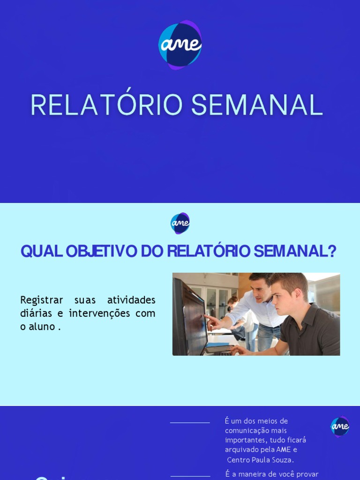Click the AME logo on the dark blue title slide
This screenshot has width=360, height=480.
coord(180,45)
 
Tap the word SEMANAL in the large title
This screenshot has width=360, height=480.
coord(257,105)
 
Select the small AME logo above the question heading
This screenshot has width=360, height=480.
coord(180,223)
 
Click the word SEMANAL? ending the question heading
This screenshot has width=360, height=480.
coord(295,252)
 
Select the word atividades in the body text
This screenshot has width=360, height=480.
coord(131,300)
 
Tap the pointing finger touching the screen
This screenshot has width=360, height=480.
coord(207,317)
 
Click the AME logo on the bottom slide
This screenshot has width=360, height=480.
coord(340,426)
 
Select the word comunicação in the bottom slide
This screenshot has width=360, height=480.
coord(245,430)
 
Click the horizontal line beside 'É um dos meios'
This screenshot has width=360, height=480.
coord(190,423)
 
